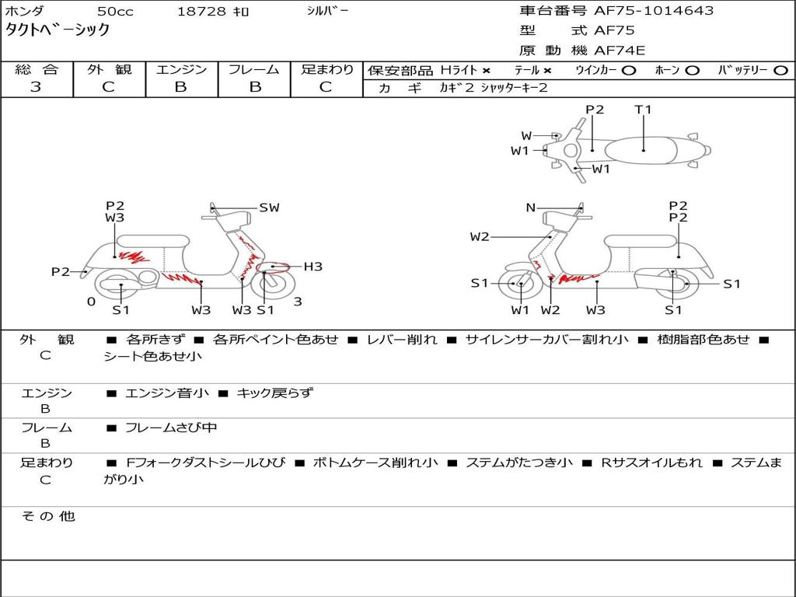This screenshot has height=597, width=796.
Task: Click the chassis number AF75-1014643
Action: pyautogui.click(x=654, y=11)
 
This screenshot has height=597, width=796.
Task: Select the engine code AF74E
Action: pyautogui.click(x=620, y=51)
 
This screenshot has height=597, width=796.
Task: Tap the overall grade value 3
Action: pyautogui.click(x=36, y=87)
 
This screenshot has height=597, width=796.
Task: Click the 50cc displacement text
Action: pyautogui.click(x=115, y=12)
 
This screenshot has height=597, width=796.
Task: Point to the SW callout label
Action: pyautogui.click(x=269, y=208)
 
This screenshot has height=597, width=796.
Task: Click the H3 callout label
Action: pyautogui.click(x=312, y=267)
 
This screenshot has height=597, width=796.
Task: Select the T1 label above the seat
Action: pyautogui.click(x=643, y=110)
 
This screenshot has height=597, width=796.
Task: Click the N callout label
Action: pyautogui.click(x=530, y=208)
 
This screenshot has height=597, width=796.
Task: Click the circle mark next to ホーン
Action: pyautogui.click(x=692, y=71)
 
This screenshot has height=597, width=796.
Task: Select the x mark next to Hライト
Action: pyautogui.click(x=487, y=71)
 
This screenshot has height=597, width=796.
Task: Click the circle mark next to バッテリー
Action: pyautogui.click(x=780, y=71)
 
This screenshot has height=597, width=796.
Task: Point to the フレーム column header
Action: pyautogui.click(x=254, y=69)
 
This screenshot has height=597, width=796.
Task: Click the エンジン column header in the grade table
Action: pyautogui.click(x=181, y=69)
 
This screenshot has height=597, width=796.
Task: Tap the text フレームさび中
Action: pyautogui.click(x=171, y=428)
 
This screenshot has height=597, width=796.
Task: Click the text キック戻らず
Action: pyautogui.click(x=274, y=393)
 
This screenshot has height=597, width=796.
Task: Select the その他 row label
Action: pyautogui.click(x=48, y=516)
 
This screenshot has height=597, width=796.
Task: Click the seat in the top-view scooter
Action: pyautogui.click(x=641, y=151)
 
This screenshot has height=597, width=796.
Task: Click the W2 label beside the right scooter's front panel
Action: pyautogui.click(x=479, y=236)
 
